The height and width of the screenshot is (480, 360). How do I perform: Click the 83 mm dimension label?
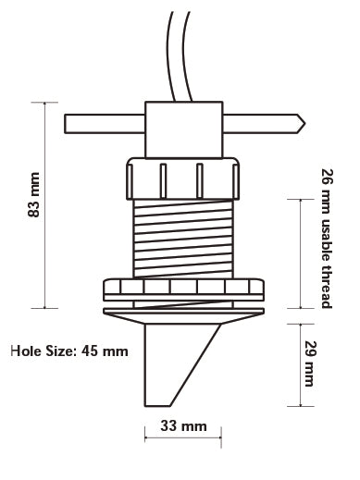33,195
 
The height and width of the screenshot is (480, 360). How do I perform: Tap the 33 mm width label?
183,426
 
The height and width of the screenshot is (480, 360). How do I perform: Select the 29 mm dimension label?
309,363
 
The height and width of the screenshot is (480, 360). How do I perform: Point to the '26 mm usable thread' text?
327,239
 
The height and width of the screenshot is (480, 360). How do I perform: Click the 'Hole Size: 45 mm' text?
69,351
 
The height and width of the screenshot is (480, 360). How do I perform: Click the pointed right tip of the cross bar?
305,124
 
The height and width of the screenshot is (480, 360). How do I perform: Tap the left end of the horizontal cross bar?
65,124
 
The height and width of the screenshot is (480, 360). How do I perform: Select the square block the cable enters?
184,129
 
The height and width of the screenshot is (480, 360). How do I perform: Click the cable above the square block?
180,55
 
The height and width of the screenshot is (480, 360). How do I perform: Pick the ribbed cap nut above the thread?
182,178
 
